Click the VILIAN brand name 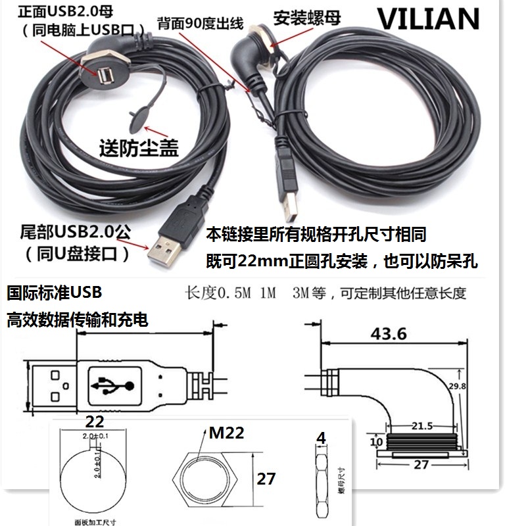(x=429, y=19)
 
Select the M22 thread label (x=227, y=433)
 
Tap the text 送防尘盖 (x=138, y=148)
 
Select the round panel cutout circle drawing (x=89, y=471)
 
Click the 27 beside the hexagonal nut (x=266, y=479)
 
